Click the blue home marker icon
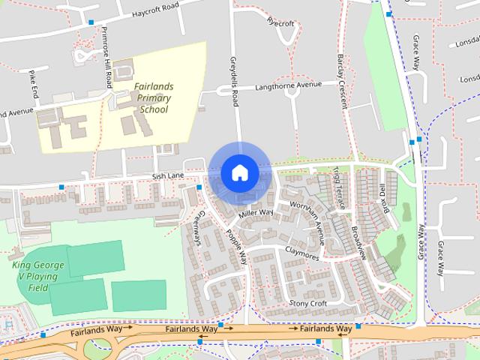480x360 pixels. pos(239,172)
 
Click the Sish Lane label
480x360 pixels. pos(168,175)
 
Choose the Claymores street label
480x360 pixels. pos(302,255)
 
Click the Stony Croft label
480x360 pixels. pos(308,303)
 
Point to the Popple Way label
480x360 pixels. pos(235,246)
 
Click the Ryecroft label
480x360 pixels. pos(281,23)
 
